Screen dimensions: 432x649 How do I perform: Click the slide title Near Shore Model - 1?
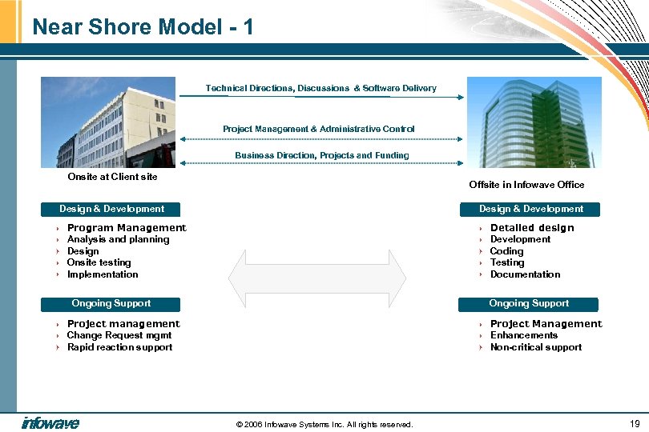[x=143, y=27]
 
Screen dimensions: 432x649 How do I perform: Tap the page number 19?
[x=635, y=423]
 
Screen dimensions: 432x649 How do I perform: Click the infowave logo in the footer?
[x=50, y=423]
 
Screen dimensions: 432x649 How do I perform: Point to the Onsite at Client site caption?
[x=112, y=177]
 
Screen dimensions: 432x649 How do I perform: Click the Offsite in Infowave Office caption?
[x=526, y=185]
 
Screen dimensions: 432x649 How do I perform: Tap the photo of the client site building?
[x=108, y=122]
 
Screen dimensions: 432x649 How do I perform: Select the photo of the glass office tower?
[x=534, y=122]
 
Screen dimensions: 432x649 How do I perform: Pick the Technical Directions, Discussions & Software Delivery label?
[x=320, y=88]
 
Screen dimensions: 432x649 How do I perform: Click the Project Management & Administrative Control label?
[x=318, y=129]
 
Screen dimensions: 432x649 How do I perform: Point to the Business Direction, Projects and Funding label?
[x=321, y=155]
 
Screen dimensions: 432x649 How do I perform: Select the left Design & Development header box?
[x=111, y=210]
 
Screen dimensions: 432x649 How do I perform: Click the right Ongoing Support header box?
[x=529, y=304]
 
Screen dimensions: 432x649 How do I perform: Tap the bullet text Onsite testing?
[x=99, y=262]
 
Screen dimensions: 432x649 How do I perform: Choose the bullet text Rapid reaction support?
[x=119, y=347]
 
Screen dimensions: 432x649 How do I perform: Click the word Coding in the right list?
[x=506, y=251]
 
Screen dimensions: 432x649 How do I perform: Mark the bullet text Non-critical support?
[x=535, y=347]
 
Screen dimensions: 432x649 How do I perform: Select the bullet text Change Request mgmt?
[x=119, y=335]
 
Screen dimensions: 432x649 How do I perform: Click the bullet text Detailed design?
[x=532, y=228]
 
